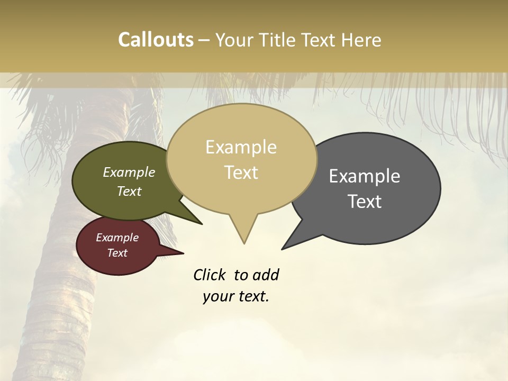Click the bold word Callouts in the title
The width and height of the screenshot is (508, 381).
click(156, 40)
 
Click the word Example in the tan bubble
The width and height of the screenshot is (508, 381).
click(241, 147)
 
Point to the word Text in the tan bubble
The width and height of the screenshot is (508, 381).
click(241, 173)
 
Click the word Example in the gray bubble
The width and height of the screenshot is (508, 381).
click(365, 176)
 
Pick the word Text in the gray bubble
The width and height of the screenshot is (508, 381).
click(365, 202)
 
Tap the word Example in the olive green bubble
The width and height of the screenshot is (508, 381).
click(129, 173)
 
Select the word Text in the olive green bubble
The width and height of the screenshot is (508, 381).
click(129, 192)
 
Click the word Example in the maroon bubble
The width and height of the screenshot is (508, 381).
click(117, 238)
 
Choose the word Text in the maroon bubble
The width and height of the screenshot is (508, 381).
click(117, 253)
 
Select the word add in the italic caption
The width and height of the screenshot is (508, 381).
click(265, 275)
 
